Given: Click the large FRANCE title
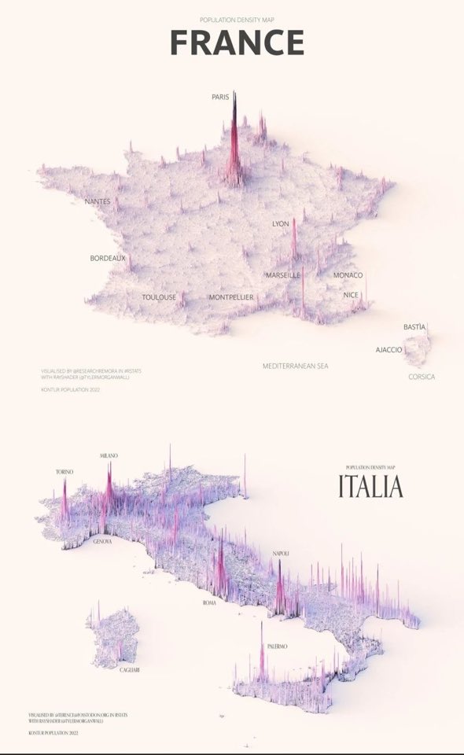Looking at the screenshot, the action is pyautogui.click(x=237, y=42).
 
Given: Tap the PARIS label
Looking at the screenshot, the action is pyautogui.click(x=220, y=98).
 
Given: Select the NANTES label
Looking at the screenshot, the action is pyautogui.click(x=98, y=201).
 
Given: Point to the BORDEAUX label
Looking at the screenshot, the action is pyautogui.click(x=108, y=258).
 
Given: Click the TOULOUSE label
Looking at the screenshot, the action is pyautogui.click(x=159, y=297).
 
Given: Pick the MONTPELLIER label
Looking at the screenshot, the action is pyautogui.click(x=231, y=297).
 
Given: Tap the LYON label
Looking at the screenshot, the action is pyautogui.click(x=281, y=224).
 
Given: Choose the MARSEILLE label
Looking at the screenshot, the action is pyautogui.click(x=283, y=275).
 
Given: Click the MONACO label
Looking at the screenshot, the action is pyautogui.click(x=348, y=275).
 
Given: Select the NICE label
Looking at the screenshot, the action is pyautogui.click(x=351, y=295).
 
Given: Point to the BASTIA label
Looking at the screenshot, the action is pyautogui.click(x=414, y=326).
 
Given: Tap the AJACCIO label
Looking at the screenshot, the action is pyautogui.click(x=389, y=349).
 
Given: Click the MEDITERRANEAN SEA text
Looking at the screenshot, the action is pyautogui.click(x=296, y=366).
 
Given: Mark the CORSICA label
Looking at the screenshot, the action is pyautogui.click(x=422, y=377).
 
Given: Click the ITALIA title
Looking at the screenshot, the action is pyautogui.click(x=370, y=486).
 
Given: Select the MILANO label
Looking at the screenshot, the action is pyautogui.click(x=109, y=456).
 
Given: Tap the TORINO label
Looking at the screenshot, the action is pyautogui.click(x=64, y=472).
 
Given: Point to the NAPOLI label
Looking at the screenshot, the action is pyautogui.click(x=281, y=554).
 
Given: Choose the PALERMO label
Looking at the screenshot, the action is pyautogui.click(x=277, y=646).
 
